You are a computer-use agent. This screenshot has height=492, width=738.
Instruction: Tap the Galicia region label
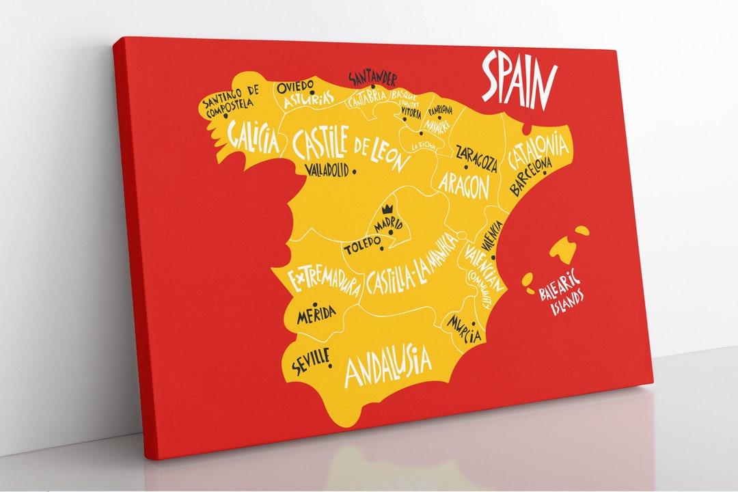pyautogui.click(x=254, y=138)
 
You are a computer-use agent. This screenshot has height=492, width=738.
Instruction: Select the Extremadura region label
pyautogui.click(x=323, y=282)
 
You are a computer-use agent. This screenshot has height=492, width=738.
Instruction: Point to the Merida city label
pyautogui.click(x=316, y=314)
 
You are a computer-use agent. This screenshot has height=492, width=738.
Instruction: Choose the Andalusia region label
pyautogui.click(x=387, y=364)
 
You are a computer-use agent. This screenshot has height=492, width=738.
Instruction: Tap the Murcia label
pyautogui.click(x=465, y=328)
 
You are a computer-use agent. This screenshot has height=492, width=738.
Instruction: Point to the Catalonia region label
pyautogui.click(x=538, y=152)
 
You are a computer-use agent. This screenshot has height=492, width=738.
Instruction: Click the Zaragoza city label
pyautogui.click(x=476, y=159)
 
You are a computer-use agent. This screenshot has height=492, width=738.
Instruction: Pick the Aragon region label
pyautogui.click(x=464, y=184)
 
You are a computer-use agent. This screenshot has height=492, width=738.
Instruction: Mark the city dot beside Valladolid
pyautogui.click(x=354, y=172)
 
